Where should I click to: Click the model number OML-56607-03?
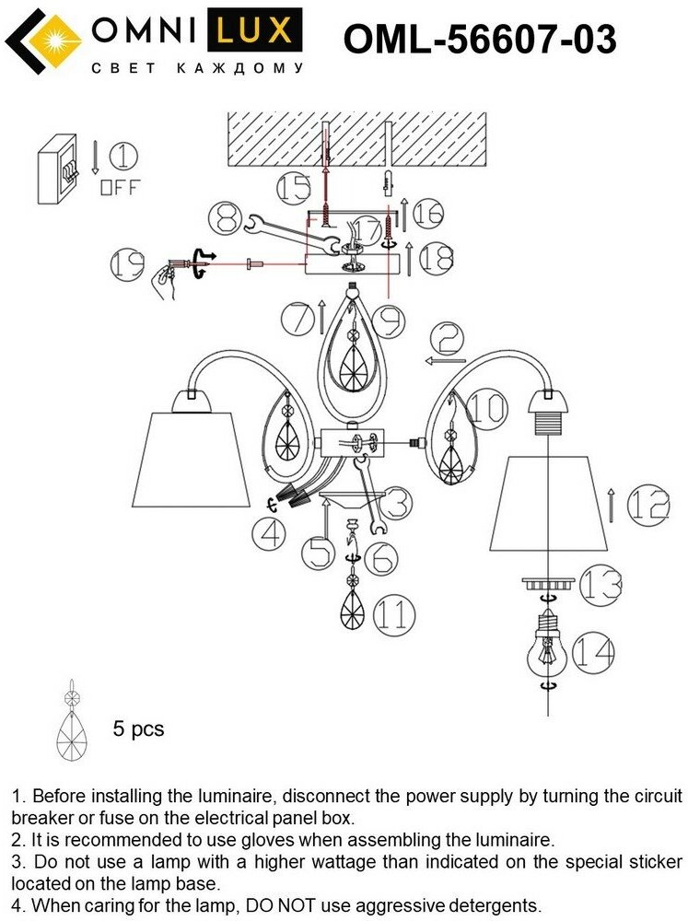[479, 41]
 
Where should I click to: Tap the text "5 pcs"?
[138, 729]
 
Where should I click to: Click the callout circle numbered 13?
[600, 583]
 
